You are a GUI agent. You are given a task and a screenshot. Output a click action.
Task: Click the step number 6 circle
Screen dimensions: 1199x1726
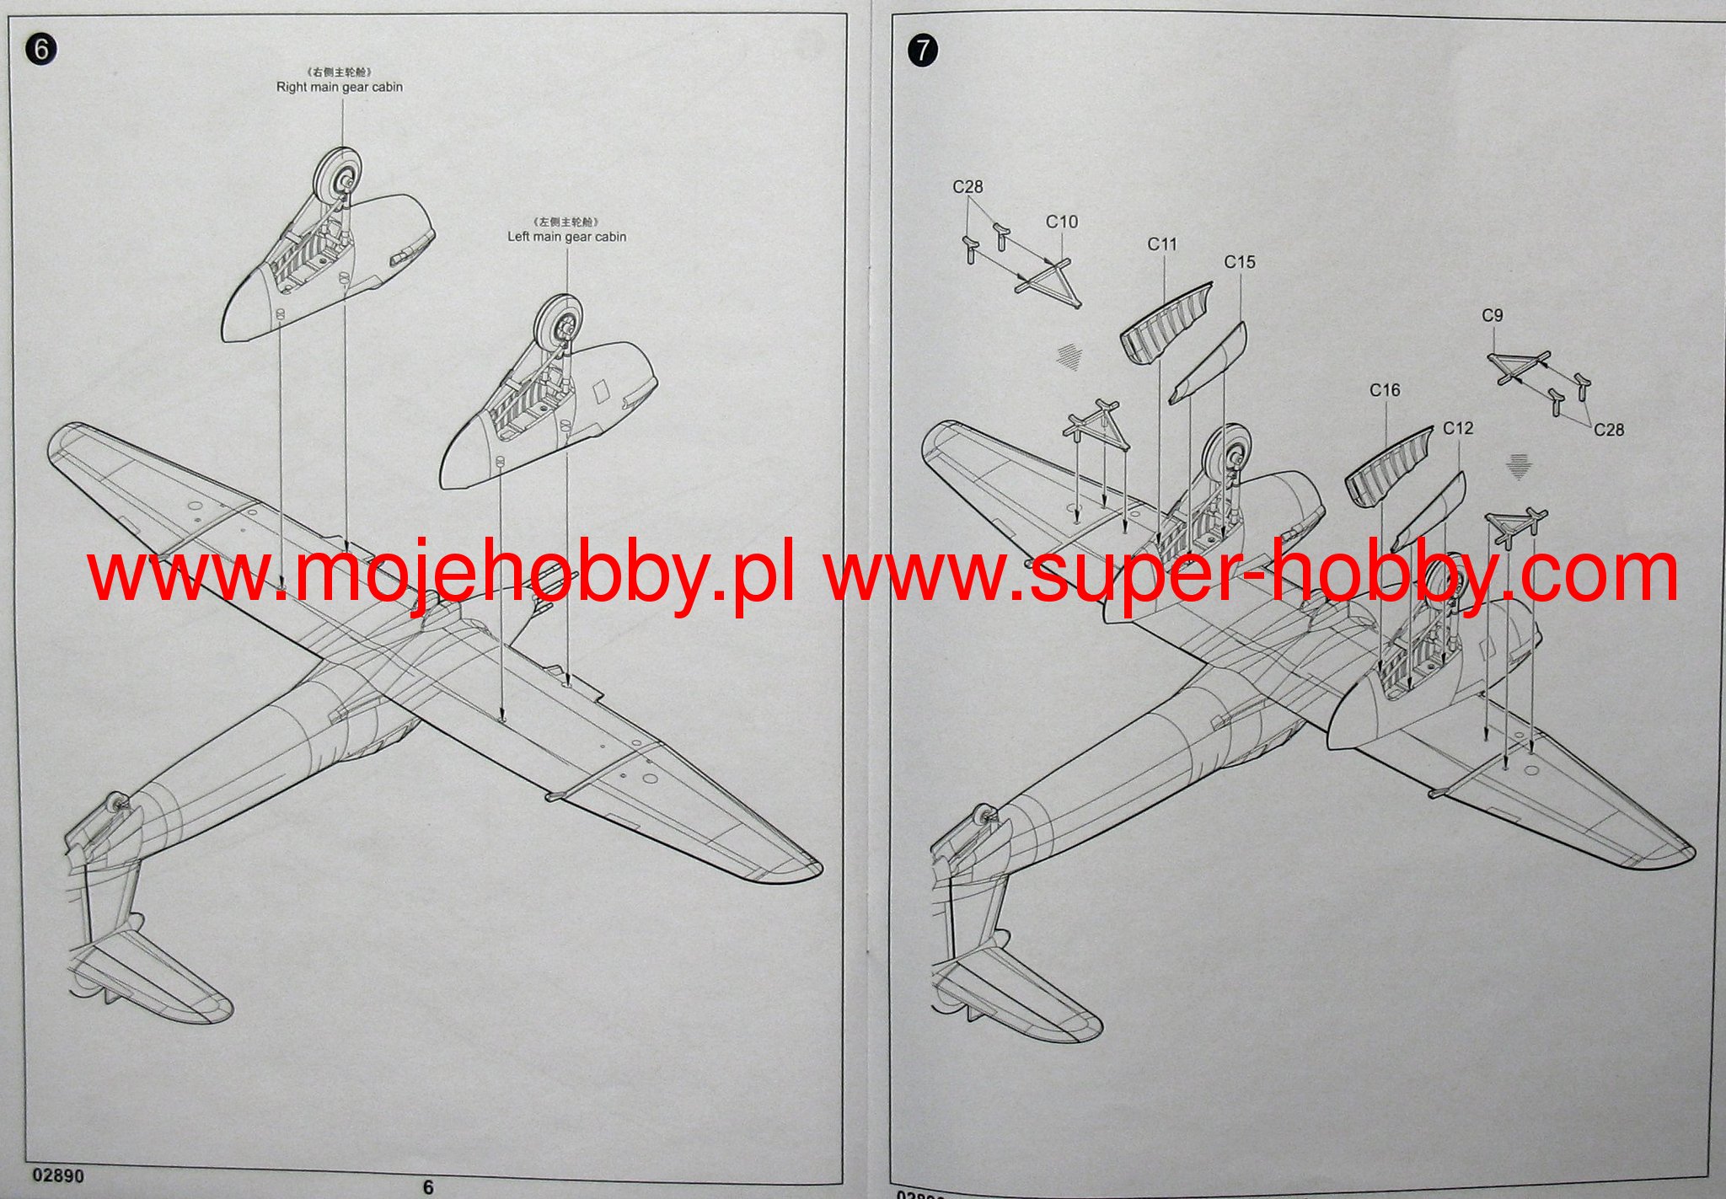tap(40, 50)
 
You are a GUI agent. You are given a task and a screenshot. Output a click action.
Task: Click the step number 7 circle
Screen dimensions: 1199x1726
tap(923, 51)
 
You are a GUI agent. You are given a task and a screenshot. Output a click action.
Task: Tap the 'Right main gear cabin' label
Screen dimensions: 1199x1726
tap(339, 87)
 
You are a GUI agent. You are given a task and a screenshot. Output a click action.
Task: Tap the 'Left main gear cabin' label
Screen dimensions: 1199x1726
tap(566, 237)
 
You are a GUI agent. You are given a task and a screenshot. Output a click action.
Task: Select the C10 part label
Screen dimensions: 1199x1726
tap(1061, 222)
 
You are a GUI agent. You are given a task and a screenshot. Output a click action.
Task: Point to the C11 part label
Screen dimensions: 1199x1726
tap(1161, 244)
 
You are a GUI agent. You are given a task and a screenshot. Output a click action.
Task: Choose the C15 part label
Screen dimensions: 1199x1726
tap(1239, 262)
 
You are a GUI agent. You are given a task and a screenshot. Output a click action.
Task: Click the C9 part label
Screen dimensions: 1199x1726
tap(1492, 315)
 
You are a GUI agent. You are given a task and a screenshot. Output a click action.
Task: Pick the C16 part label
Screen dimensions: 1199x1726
tap(1385, 390)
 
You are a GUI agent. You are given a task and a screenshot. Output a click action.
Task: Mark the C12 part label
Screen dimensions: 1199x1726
tap(1457, 428)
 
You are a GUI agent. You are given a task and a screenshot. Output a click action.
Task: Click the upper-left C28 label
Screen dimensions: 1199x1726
tap(968, 186)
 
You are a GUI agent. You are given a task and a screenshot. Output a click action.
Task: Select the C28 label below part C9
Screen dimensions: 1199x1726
tap(1608, 430)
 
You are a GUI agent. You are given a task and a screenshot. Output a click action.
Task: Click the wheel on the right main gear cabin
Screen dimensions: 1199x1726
tap(337, 174)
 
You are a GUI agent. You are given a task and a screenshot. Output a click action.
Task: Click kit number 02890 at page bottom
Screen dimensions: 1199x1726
tap(58, 1175)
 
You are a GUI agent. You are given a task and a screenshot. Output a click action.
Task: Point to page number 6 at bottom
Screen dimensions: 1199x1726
tap(428, 1187)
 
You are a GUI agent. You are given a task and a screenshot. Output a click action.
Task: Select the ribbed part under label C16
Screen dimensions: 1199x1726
tap(1387, 468)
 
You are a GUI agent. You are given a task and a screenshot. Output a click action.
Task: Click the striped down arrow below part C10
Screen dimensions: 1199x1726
tap(1069, 357)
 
